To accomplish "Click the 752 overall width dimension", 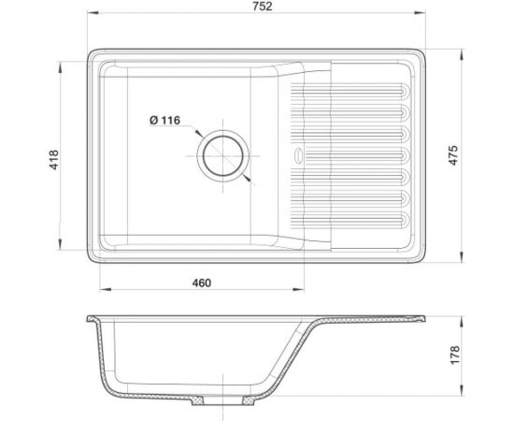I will pyautogui.click(x=263, y=7).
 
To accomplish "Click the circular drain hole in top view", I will pyautogui.click(x=223, y=154).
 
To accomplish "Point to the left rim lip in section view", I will pyautogui.click(x=91, y=319).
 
